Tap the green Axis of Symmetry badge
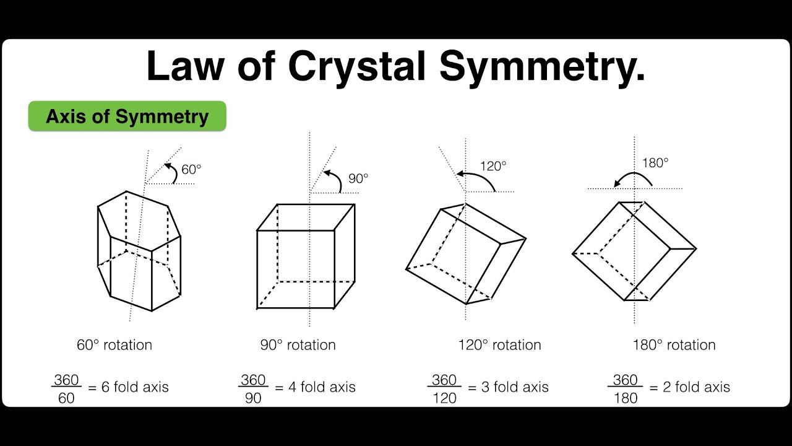[127, 116]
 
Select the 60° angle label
[191, 169]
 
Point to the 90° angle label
[358, 178]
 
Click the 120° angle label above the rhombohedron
[493, 166]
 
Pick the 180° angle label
[656, 163]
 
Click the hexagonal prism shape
[139, 251]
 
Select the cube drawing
[306, 256]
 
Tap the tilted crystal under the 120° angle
[465, 254]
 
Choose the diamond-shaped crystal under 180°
[634, 251]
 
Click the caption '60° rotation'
[114, 345]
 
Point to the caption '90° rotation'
[298, 345]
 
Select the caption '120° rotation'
[499, 345]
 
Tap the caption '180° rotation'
[674, 345]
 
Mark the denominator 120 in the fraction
[444, 398]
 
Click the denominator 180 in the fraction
[625, 398]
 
